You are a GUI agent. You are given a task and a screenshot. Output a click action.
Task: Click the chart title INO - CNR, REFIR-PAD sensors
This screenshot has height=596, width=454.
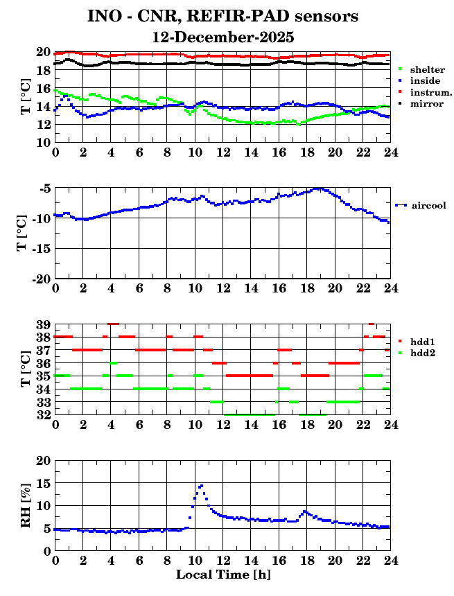coord(222,15)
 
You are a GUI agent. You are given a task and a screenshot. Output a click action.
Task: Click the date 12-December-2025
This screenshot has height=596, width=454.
coord(223,36)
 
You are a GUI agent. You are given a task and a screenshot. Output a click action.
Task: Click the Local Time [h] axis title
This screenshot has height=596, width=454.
coord(222,575)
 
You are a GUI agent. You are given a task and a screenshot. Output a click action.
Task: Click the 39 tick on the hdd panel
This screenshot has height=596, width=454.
coord(43,324)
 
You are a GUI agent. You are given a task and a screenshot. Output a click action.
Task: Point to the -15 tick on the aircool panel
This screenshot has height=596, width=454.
coord(41,248)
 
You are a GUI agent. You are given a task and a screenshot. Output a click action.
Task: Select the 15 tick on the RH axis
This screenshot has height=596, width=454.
coord(43,484)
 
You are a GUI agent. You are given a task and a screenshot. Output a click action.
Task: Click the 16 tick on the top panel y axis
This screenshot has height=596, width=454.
coord(43,89)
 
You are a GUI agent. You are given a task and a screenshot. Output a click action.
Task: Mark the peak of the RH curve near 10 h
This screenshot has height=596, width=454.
coord(201,486)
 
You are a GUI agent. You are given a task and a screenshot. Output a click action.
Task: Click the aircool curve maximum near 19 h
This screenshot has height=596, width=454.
coord(318,189)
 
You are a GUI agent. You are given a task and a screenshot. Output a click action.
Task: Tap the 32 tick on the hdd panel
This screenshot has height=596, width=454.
coord(43,415)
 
